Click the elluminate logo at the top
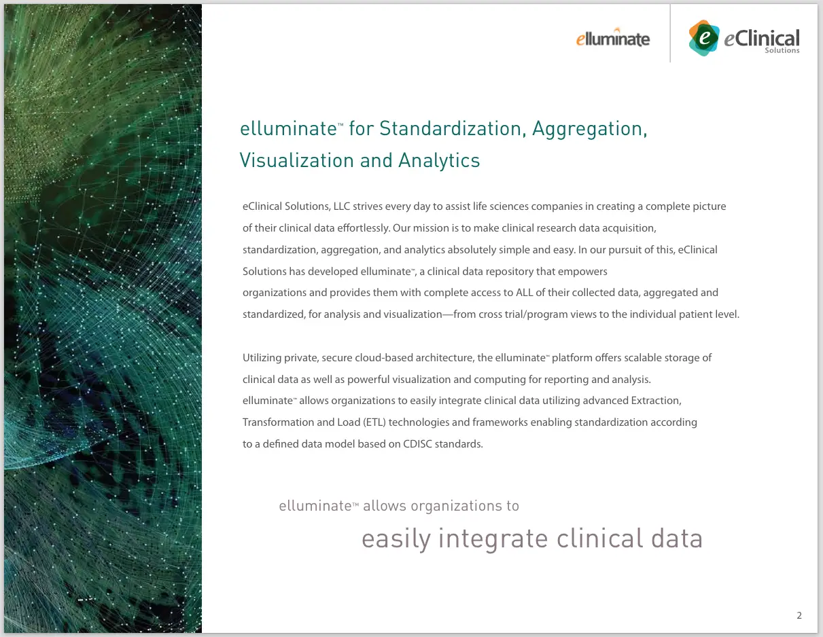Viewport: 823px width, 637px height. [x=612, y=38]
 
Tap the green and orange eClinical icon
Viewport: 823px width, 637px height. [x=703, y=38]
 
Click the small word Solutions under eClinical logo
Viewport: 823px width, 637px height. [x=782, y=51]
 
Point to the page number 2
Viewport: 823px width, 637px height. [x=799, y=615]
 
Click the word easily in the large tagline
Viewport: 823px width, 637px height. [x=396, y=539]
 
